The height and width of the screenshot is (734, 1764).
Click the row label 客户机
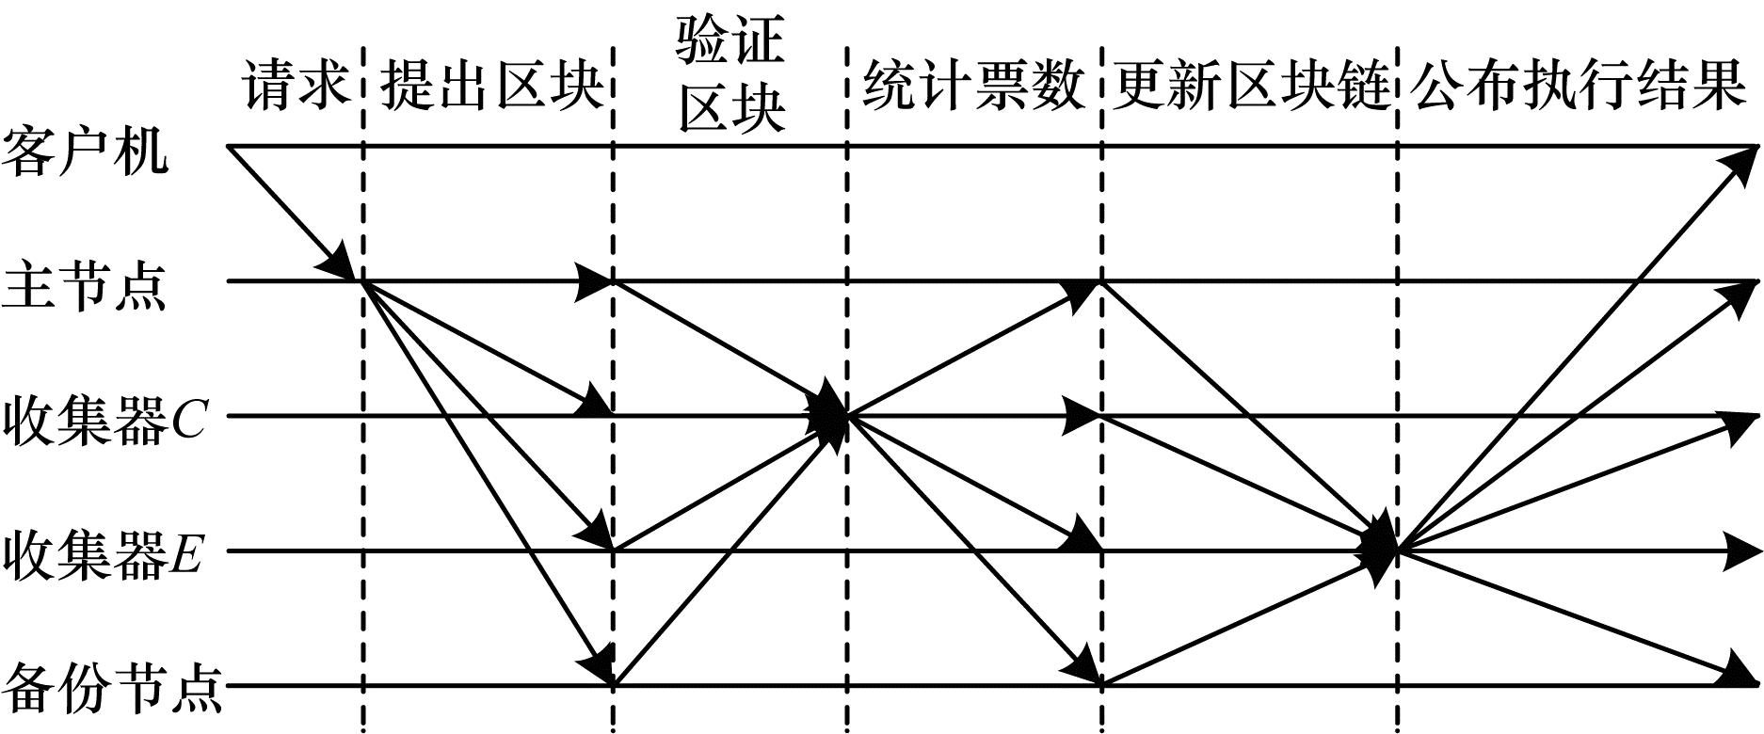(86, 151)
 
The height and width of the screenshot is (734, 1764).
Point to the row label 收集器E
(104, 555)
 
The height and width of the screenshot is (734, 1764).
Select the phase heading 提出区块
(490, 87)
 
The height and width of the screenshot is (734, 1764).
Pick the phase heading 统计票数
(974, 87)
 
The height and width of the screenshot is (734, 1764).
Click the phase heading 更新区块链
(1251, 87)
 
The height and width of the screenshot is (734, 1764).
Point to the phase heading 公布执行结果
(1580, 87)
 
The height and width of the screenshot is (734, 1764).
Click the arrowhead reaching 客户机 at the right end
(1742, 160)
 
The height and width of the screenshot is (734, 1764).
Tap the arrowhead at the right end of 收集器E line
(1741, 550)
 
